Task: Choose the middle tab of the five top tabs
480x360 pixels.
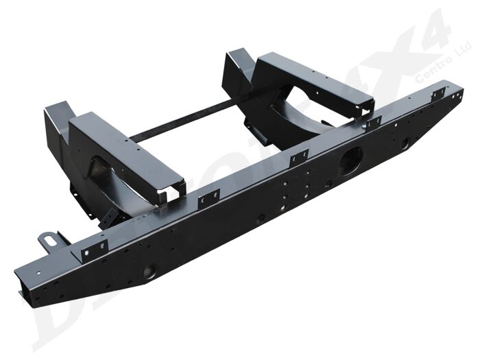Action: pos(298,158)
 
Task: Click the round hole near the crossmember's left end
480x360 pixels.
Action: pos(149,272)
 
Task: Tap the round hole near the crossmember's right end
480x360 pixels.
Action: pos(405,143)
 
